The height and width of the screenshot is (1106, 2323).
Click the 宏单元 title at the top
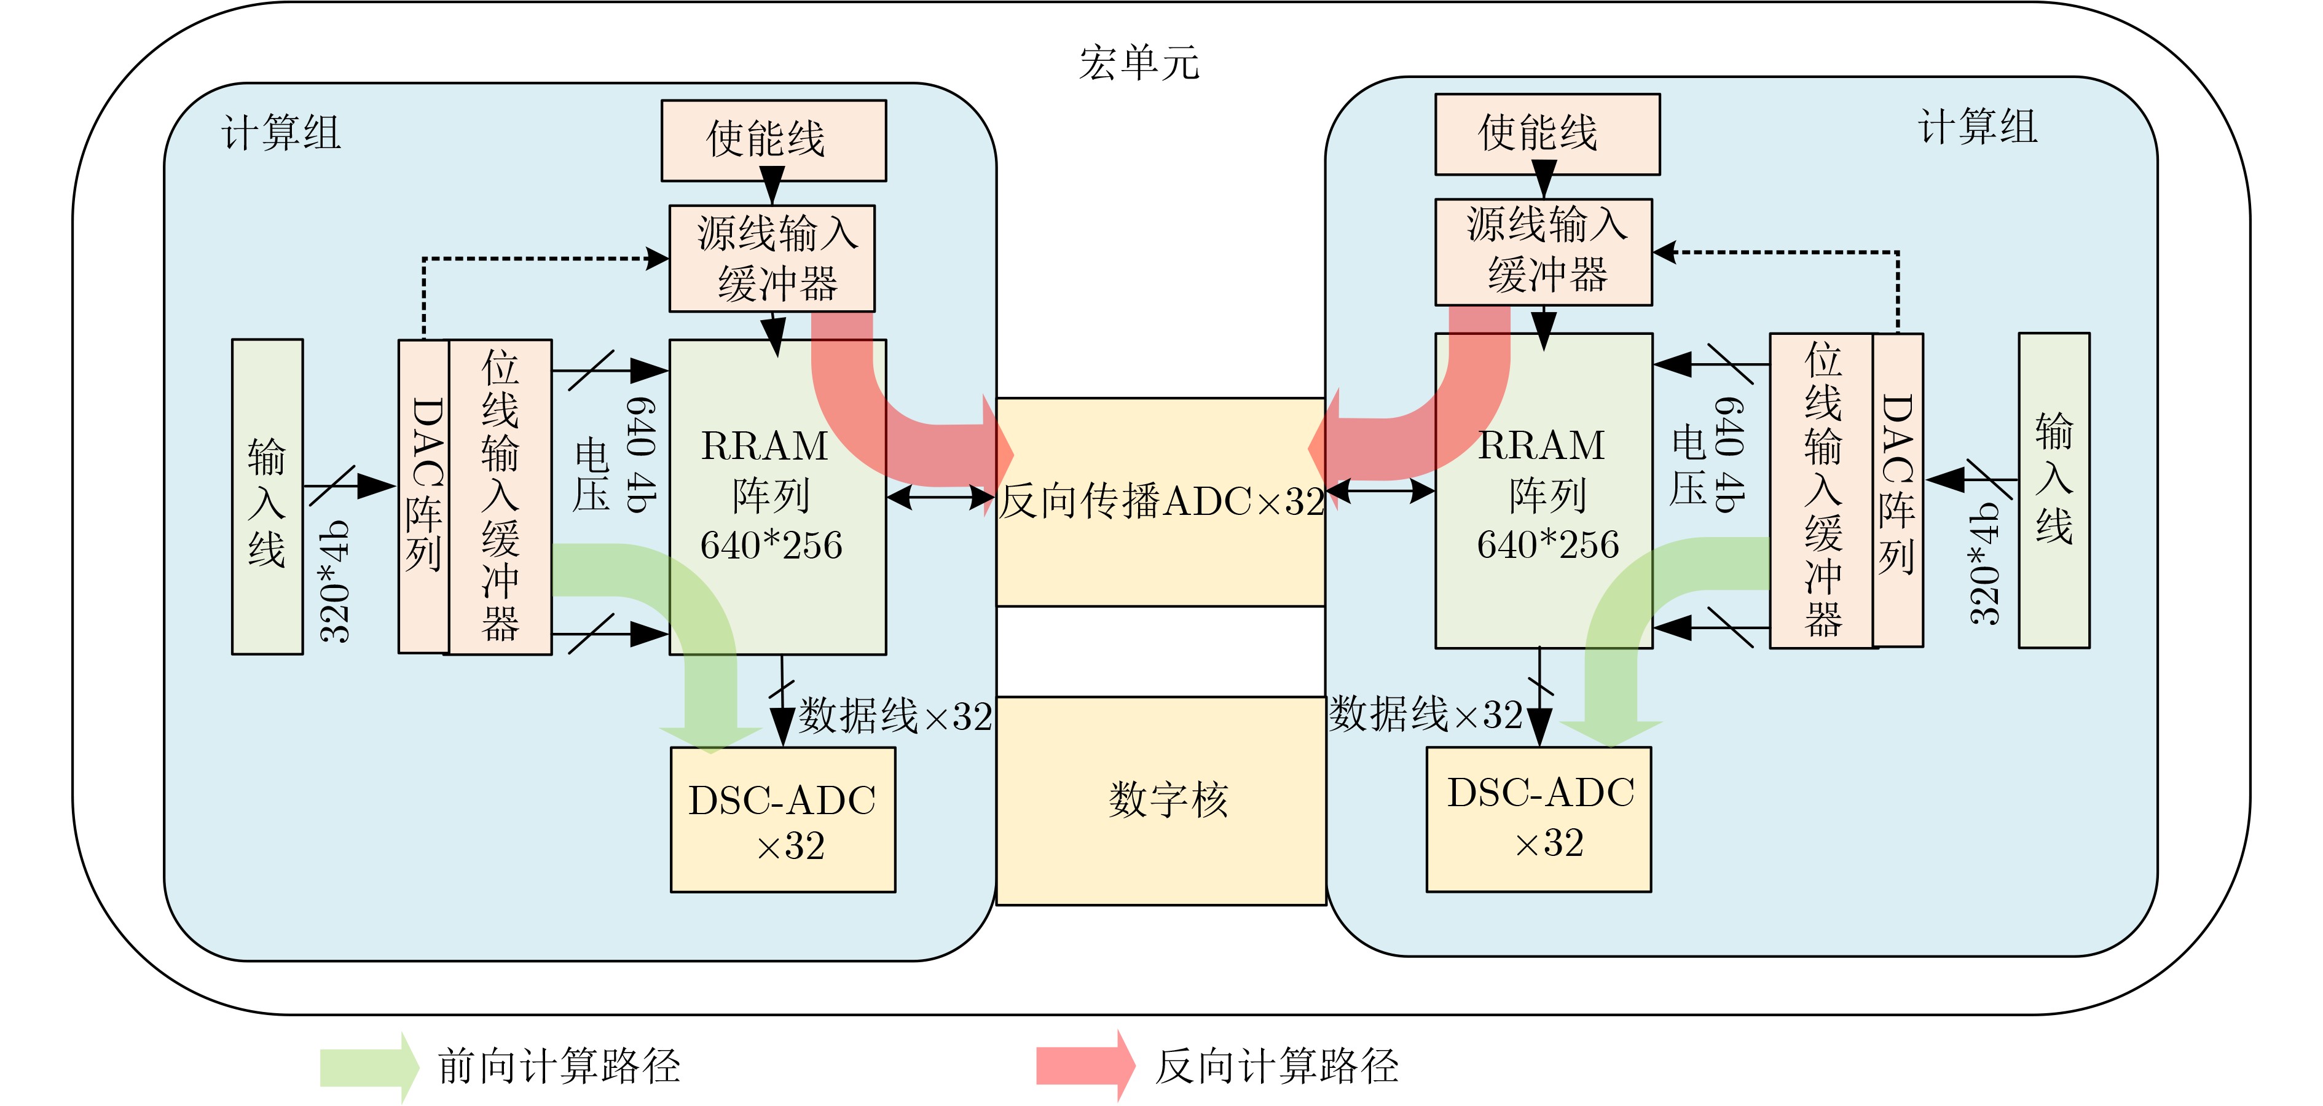pyautogui.click(x=1138, y=63)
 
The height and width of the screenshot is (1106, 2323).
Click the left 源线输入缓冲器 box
pyautogui.click(x=771, y=259)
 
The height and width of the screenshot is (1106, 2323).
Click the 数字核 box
pyautogui.click(x=1161, y=799)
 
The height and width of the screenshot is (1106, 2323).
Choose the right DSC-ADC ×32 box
pyautogui.click(x=1538, y=818)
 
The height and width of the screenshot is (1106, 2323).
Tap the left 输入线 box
pyautogui.click(x=267, y=496)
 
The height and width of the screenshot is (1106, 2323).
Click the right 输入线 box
pyautogui.click(x=2053, y=490)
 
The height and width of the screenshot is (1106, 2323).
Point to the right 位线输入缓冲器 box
pyautogui.click(x=1822, y=490)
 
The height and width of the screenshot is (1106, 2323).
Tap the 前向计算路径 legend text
pyautogui.click(x=559, y=1066)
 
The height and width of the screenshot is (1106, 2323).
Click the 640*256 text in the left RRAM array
pyautogui.click(x=771, y=546)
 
